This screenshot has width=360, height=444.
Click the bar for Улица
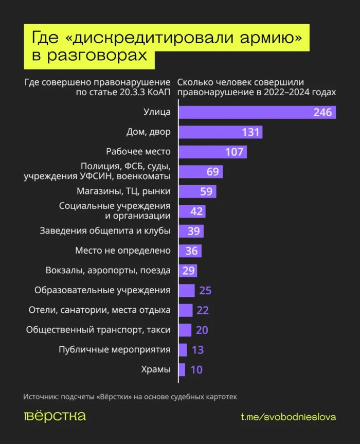[x=247, y=112]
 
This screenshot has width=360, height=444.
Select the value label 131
[x=250, y=132]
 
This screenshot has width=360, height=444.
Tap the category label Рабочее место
[x=138, y=152]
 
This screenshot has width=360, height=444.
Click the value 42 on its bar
[x=196, y=211]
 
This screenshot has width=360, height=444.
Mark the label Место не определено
[x=123, y=251]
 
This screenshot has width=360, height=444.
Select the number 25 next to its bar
[x=205, y=290]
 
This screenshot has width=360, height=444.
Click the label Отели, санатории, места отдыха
[x=99, y=310]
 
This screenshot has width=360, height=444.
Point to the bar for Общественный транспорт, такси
[x=185, y=330]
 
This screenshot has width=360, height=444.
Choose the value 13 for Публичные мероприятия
[x=197, y=350]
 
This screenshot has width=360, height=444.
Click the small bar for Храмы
[x=182, y=369]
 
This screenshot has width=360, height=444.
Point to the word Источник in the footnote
[x=40, y=397]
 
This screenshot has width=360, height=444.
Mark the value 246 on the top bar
[x=322, y=112]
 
